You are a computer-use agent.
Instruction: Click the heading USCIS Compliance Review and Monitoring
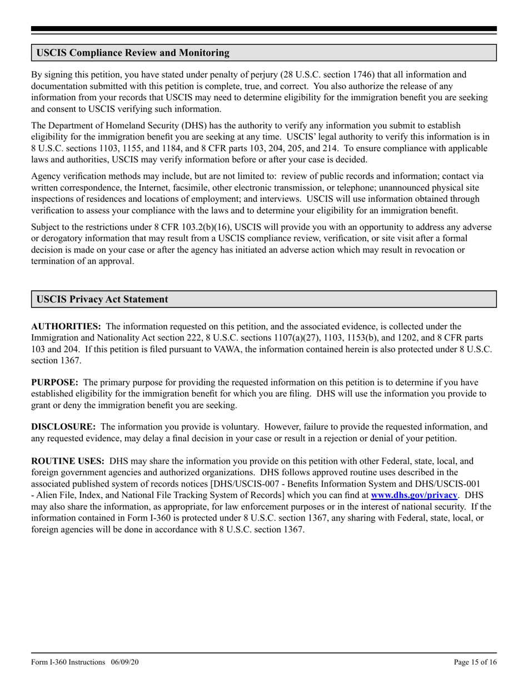[x=133, y=53]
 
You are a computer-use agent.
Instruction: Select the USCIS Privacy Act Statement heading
[x=102, y=299]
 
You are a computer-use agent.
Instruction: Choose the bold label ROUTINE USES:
[x=67, y=461]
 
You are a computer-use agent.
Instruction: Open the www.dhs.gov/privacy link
[x=414, y=494]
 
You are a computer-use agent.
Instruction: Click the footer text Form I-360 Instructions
[x=68, y=662]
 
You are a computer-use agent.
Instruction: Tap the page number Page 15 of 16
[x=475, y=662]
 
